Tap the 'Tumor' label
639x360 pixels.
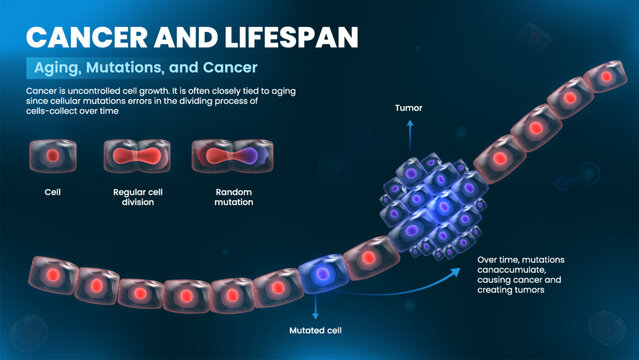point(408,106)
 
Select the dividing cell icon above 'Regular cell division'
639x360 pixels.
point(130,156)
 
